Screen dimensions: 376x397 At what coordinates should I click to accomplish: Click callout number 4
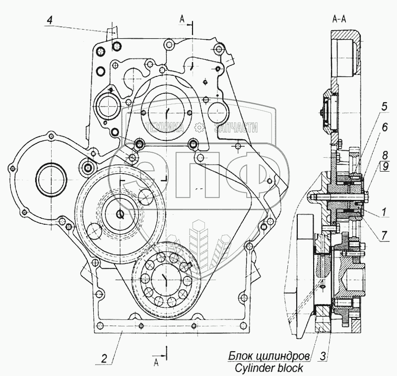49,20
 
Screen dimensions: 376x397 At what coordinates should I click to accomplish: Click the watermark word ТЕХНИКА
166,127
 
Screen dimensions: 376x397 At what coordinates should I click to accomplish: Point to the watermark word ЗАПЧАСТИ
236,127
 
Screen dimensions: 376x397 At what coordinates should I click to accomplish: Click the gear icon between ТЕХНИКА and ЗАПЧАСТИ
199,128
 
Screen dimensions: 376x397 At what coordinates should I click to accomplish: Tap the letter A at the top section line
182,19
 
